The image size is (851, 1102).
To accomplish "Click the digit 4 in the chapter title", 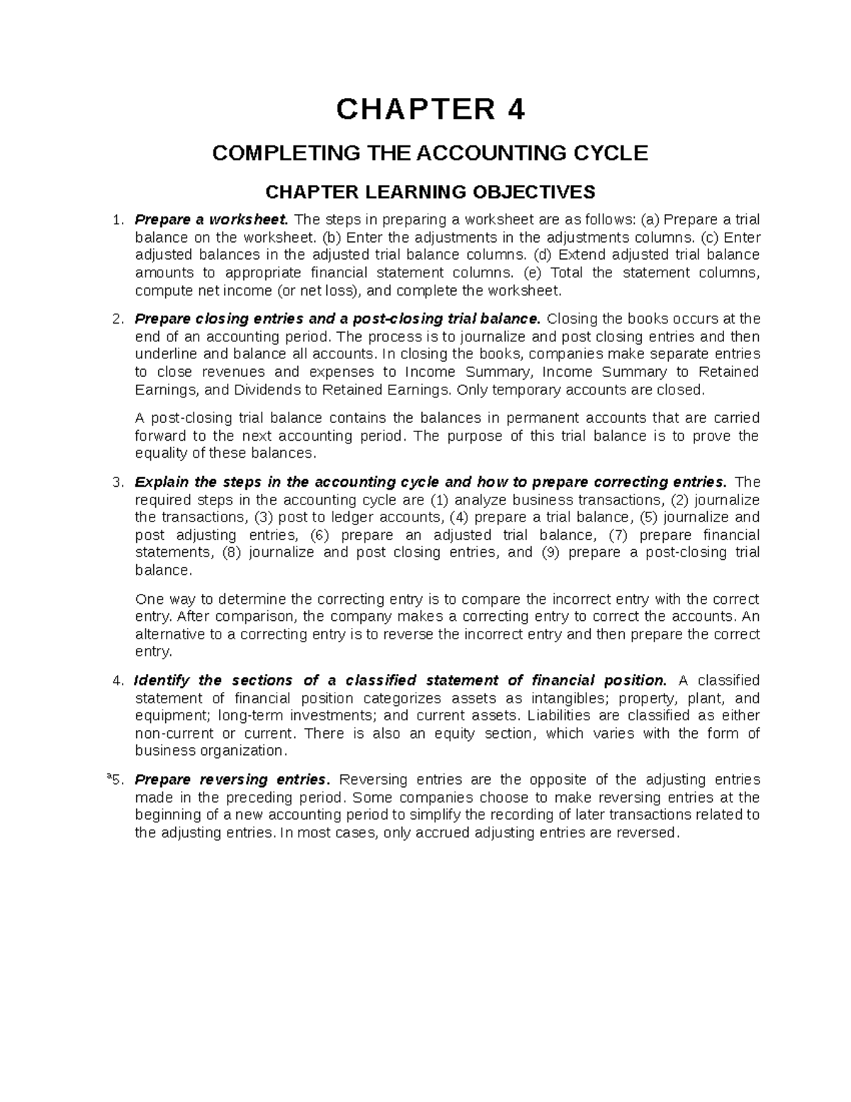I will coord(514,110).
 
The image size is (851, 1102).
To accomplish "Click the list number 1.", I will coord(118,220).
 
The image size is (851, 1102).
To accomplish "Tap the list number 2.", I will coord(118,319).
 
